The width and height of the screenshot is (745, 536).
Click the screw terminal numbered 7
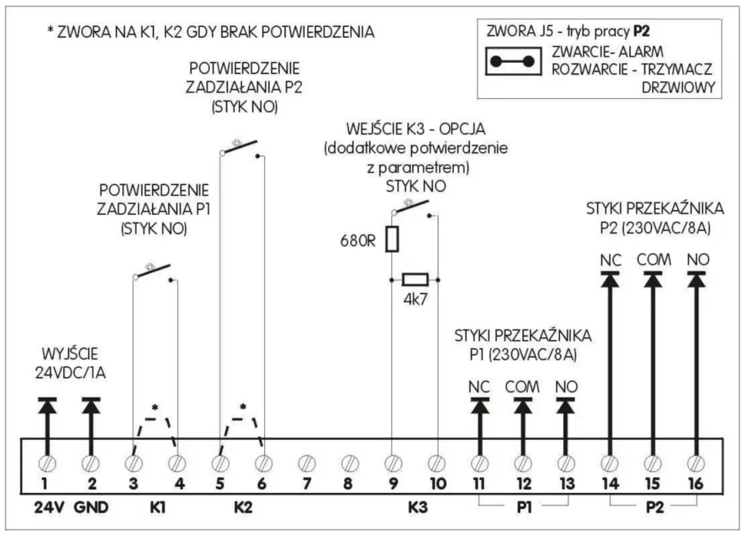pyautogui.click(x=306, y=462)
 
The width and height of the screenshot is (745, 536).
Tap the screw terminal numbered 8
pyautogui.click(x=349, y=462)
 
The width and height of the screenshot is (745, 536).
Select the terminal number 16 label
pyautogui.click(x=696, y=483)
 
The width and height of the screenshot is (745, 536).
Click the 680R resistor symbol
pyautogui.click(x=392, y=239)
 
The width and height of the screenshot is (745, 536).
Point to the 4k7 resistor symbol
pyautogui.click(x=416, y=279)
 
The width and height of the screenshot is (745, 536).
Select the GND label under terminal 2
pyautogui.click(x=91, y=508)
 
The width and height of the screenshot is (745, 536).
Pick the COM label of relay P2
pyautogui.click(x=653, y=259)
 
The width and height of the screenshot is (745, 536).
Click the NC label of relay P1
pyautogui.click(x=479, y=386)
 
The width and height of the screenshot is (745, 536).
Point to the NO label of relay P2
pyautogui.click(x=697, y=259)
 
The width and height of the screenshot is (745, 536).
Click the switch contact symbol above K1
pyautogui.click(x=154, y=272)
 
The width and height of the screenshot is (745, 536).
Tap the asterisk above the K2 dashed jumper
pyautogui.click(x=243, y=407)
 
